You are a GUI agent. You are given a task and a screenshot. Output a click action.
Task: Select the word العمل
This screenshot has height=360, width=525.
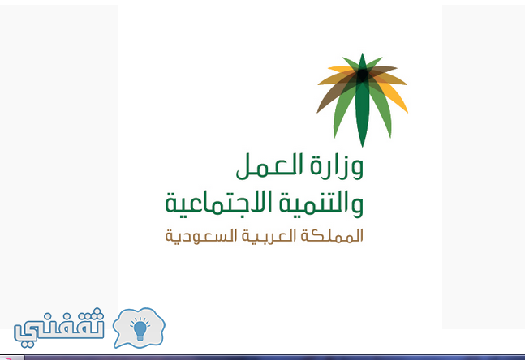pos(269,166)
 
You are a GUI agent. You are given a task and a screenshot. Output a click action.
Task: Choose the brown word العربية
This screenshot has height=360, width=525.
pos(269,236)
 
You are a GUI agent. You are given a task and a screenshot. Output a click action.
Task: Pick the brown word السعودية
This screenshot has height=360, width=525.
pos(201,236)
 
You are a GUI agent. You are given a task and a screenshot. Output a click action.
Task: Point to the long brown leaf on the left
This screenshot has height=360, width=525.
pos(332,97)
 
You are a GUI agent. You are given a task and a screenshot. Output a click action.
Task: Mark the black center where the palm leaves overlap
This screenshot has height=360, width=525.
pos(362,75)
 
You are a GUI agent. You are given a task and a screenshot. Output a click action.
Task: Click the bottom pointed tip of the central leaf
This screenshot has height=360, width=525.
pos(362,147)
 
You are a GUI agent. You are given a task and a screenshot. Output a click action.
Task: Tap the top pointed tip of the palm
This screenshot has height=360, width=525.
pos(362,54)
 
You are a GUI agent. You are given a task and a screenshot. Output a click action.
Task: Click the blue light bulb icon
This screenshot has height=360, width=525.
pos(140,329)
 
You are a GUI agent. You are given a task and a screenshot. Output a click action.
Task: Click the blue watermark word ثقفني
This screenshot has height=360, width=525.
pos(59,328)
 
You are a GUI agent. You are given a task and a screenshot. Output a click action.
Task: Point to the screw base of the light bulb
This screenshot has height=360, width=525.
pos(140,337)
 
